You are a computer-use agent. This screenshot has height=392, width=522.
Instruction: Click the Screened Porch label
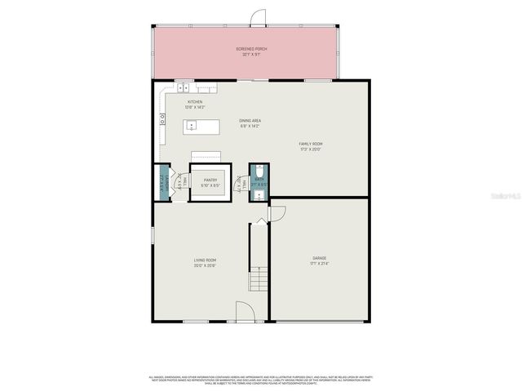tap(251, 49)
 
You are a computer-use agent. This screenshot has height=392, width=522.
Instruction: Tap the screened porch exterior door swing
tap(258, 16)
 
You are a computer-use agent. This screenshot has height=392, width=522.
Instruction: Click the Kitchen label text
tap(194, 102)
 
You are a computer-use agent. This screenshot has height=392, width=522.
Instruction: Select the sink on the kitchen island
tap(191, 126)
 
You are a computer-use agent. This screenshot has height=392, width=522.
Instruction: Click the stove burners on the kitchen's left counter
tap(162, 118)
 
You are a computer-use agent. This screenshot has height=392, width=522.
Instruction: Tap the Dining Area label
tap(250, 121)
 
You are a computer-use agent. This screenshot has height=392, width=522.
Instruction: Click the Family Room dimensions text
tap(311, 149)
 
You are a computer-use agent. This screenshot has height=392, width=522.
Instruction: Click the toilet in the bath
tap(259, 173)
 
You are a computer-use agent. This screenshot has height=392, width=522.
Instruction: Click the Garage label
tap(318, 260)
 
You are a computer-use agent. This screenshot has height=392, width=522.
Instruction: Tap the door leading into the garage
tap(277, 213)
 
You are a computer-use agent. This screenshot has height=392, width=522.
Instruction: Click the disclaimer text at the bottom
tap(260, 380)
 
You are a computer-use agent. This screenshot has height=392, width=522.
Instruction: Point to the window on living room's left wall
tap(153, 235)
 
